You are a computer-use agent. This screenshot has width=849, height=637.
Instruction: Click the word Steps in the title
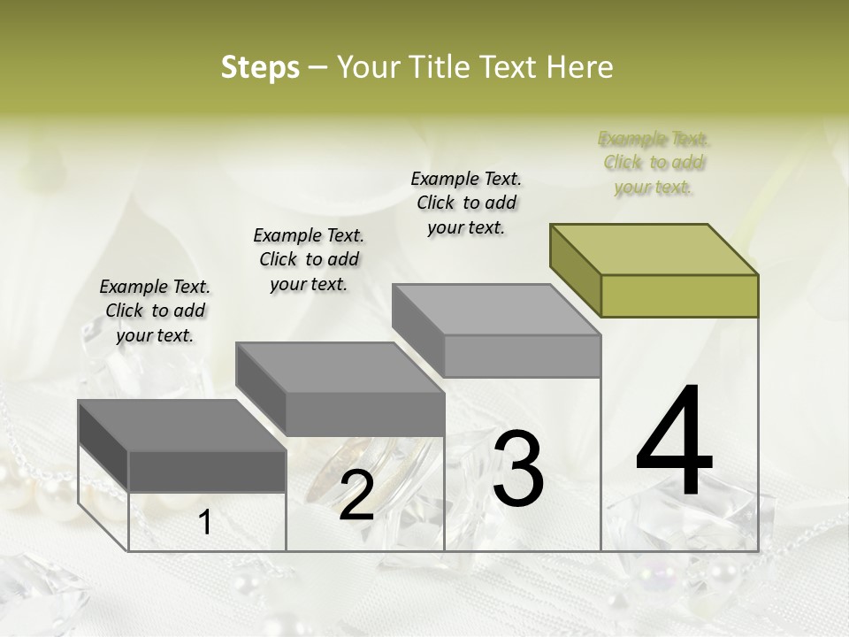[x=259, y=67]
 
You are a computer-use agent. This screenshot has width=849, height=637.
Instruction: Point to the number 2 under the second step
[x=356, y=495]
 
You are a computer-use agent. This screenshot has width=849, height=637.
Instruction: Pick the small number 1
[x=205, y=523]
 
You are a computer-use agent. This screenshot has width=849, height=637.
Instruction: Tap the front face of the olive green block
[x=679, y=295]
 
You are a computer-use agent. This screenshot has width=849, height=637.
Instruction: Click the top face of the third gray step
[x=496, y=310]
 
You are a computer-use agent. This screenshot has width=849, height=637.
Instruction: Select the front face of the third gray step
[x=522, y=356]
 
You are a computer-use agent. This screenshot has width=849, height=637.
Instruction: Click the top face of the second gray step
[x=340, y=368]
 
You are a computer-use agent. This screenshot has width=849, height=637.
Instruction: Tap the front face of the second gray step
[x=365, y=414]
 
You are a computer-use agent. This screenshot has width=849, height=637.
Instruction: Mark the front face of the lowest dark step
[x=208, y=472]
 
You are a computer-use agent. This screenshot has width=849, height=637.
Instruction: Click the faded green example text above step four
[x=654, y=163]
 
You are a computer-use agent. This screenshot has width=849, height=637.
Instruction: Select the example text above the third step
[x=466, y=203]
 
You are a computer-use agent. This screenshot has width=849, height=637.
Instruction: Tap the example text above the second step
[x=309, y=259]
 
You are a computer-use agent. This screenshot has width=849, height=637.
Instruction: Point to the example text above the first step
[x=155, y=311]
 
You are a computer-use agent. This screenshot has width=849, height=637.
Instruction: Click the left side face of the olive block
[x=576, y=270]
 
